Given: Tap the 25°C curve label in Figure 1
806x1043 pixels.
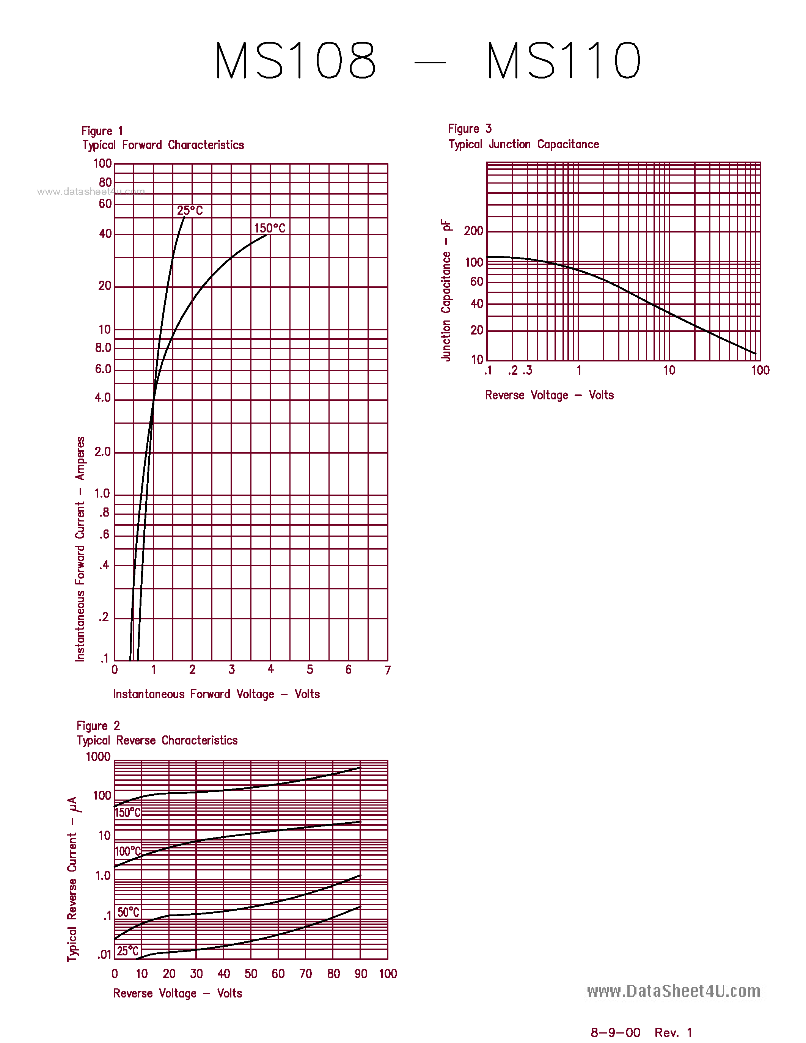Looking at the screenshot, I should (190, 210).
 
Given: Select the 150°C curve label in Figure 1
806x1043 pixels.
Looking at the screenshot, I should (270, 228).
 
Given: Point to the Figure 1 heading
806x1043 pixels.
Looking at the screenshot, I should (102, 131).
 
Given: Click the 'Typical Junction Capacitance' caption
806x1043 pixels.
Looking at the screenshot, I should (523, 144).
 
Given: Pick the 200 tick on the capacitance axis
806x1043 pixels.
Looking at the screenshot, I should (474, 231).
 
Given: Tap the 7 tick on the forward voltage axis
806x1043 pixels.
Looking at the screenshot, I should (388, 671).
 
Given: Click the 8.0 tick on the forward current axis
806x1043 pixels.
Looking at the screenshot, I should (103, 348).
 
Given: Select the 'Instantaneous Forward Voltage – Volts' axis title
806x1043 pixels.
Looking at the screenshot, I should (216, 694).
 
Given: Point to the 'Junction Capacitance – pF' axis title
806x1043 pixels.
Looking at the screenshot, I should (446, 291).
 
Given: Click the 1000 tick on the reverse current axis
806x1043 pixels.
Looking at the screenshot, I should (98, 757).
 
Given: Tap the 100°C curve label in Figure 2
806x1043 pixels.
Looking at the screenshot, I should (128, 851).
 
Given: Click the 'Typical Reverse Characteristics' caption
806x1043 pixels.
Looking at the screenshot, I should (157, 740).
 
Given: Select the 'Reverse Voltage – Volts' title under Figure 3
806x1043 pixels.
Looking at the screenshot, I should (549, 396).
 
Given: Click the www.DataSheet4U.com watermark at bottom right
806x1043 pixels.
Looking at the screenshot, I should (673, 991).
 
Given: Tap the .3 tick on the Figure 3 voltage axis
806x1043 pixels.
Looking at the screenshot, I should (527, 371).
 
